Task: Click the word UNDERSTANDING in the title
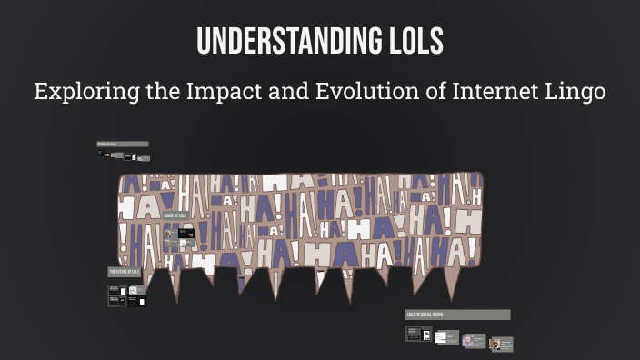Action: [283, 42]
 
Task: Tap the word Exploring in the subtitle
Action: [75, 92]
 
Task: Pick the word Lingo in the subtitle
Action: [573, 92]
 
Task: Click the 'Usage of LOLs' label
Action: [175, 215]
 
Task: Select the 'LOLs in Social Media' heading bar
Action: [457, 315]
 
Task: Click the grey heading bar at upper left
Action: [122, 144]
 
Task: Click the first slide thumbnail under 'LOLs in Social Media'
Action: [419, 335]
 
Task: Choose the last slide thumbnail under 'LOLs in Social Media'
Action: [500, 344]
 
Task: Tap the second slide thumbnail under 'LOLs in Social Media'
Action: [446, 337]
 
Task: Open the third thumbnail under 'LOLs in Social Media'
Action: [473, 341]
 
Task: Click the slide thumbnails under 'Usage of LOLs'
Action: [177, 238]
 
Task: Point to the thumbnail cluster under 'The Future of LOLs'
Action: [127, 296]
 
